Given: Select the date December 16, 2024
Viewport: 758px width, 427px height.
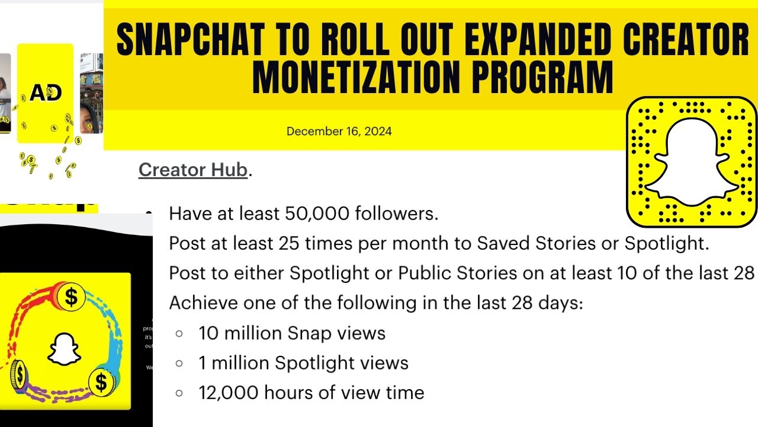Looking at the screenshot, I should pyautogui.click(x=339, y=131).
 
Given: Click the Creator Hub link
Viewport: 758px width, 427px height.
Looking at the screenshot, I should pyautogui.click(x=192, y=170).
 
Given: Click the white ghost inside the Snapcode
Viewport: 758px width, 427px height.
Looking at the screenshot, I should pyautogui.click(x=691, y=162).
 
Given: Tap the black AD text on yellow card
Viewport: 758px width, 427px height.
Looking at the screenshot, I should pyautogui.click(x=46, y=93).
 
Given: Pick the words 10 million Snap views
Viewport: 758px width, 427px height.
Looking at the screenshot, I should pyautogui.click(x=292, y=333).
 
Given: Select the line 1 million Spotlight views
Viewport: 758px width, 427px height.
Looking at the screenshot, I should pyautogui.click(x=303, y=363).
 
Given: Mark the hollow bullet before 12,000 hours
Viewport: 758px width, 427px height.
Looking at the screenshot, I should pyautogui.click(x=179, y=393).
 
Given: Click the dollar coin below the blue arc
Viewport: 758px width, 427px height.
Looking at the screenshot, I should pyautogui.click(x=101, y=383).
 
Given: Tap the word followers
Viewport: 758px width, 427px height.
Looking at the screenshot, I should pyautogui.click(x=396, y=213).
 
